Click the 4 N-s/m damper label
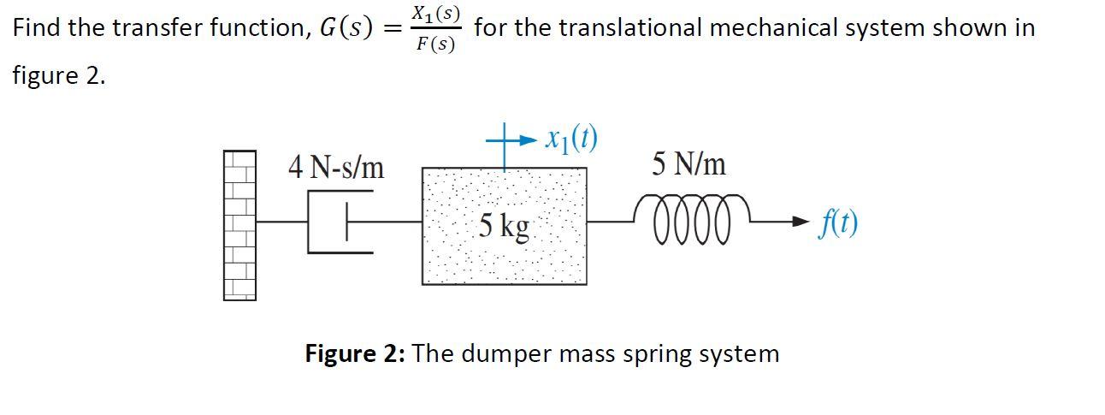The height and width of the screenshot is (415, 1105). pyautogui.click(x=336, y=167)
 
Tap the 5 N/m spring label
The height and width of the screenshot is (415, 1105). pyautogui.click(x=688, y=163)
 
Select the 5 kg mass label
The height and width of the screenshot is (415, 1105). pyautogui.click(x=504, y=226)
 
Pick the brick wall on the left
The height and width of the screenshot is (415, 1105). pyautogui.click(x=239, y=225)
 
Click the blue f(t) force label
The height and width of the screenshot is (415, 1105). pyautogui.click(x=837, y=222)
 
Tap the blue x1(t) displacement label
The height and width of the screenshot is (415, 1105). pyautogui.click(x=572, y=138)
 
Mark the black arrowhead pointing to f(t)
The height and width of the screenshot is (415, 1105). pyautogui.click(x=799, y=222)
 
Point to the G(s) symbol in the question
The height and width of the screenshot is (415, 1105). pyautogui.click(x=346, y=28)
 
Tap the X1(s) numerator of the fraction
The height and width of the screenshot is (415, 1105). pyautogui.click(x=435, y=13)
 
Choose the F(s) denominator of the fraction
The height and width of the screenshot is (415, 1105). pyautogui.click(x=435, y=43)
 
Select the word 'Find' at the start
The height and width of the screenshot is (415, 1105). pyautogui.click(x=36, y=27)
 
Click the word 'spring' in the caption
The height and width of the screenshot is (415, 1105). pyautogui.click(x=662, y=354)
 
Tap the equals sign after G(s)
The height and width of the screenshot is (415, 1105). pyautogui.click(x=391, y=28)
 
